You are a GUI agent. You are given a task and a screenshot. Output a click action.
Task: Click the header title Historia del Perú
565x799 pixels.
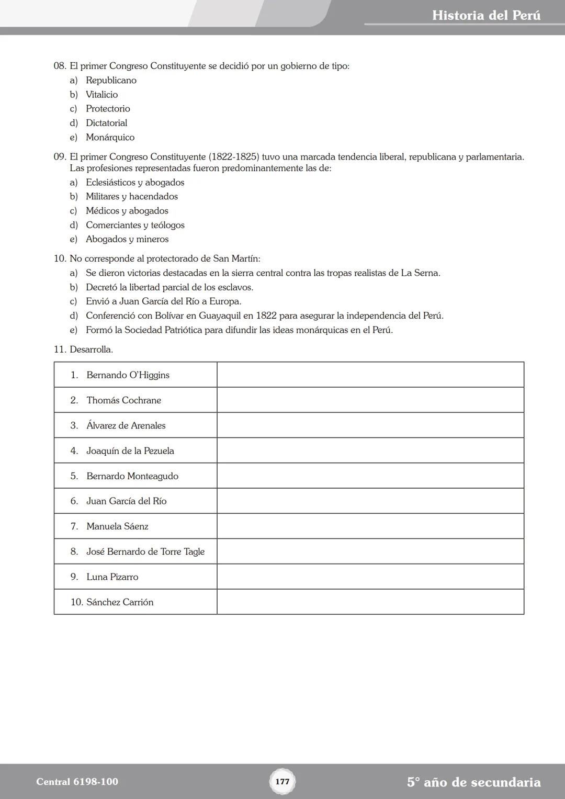(x=486, y=16)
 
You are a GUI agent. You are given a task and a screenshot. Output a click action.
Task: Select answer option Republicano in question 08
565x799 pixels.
(x=111, y=81)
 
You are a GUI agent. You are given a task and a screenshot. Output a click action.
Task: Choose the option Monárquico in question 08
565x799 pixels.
(x=110, y=138)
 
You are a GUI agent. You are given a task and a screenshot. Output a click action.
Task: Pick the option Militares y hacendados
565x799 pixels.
(x=131, y=197)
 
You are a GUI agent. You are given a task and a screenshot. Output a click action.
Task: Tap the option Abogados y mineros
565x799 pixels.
(x=127, y=240)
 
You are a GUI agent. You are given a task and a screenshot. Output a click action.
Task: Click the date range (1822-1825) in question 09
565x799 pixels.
(x=234, y=157)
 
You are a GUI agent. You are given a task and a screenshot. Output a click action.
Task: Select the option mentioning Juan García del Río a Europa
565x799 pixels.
(x=163, y=302)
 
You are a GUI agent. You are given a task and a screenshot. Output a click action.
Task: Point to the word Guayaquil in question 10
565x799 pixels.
(x=219, y=316)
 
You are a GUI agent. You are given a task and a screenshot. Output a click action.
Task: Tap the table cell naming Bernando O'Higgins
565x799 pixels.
(x=128, y=375)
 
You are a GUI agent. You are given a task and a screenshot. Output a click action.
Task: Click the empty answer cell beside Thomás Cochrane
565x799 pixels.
(x=370, y=400)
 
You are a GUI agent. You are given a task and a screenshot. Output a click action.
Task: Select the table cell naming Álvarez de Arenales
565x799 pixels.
(x=126, y=426)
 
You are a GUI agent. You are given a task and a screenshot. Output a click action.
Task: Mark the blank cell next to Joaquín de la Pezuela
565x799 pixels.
(x=370, y=451)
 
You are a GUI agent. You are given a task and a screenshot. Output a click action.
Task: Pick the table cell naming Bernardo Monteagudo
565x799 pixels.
(x=132, y=476)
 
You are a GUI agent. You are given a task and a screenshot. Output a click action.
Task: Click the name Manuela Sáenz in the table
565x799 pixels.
(x=117, y=526)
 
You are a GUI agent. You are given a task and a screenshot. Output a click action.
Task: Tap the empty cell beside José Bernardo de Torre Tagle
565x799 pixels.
(x=370, y=552)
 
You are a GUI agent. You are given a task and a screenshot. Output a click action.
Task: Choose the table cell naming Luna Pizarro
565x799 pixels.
(x=112, y=577)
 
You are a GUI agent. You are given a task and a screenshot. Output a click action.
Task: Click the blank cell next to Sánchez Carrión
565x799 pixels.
(x=370, y=602)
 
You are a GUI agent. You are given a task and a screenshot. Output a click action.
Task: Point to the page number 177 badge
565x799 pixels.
(x=282, y=782)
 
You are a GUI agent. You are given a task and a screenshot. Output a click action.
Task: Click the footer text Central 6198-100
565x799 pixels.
(x=77, y=782)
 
